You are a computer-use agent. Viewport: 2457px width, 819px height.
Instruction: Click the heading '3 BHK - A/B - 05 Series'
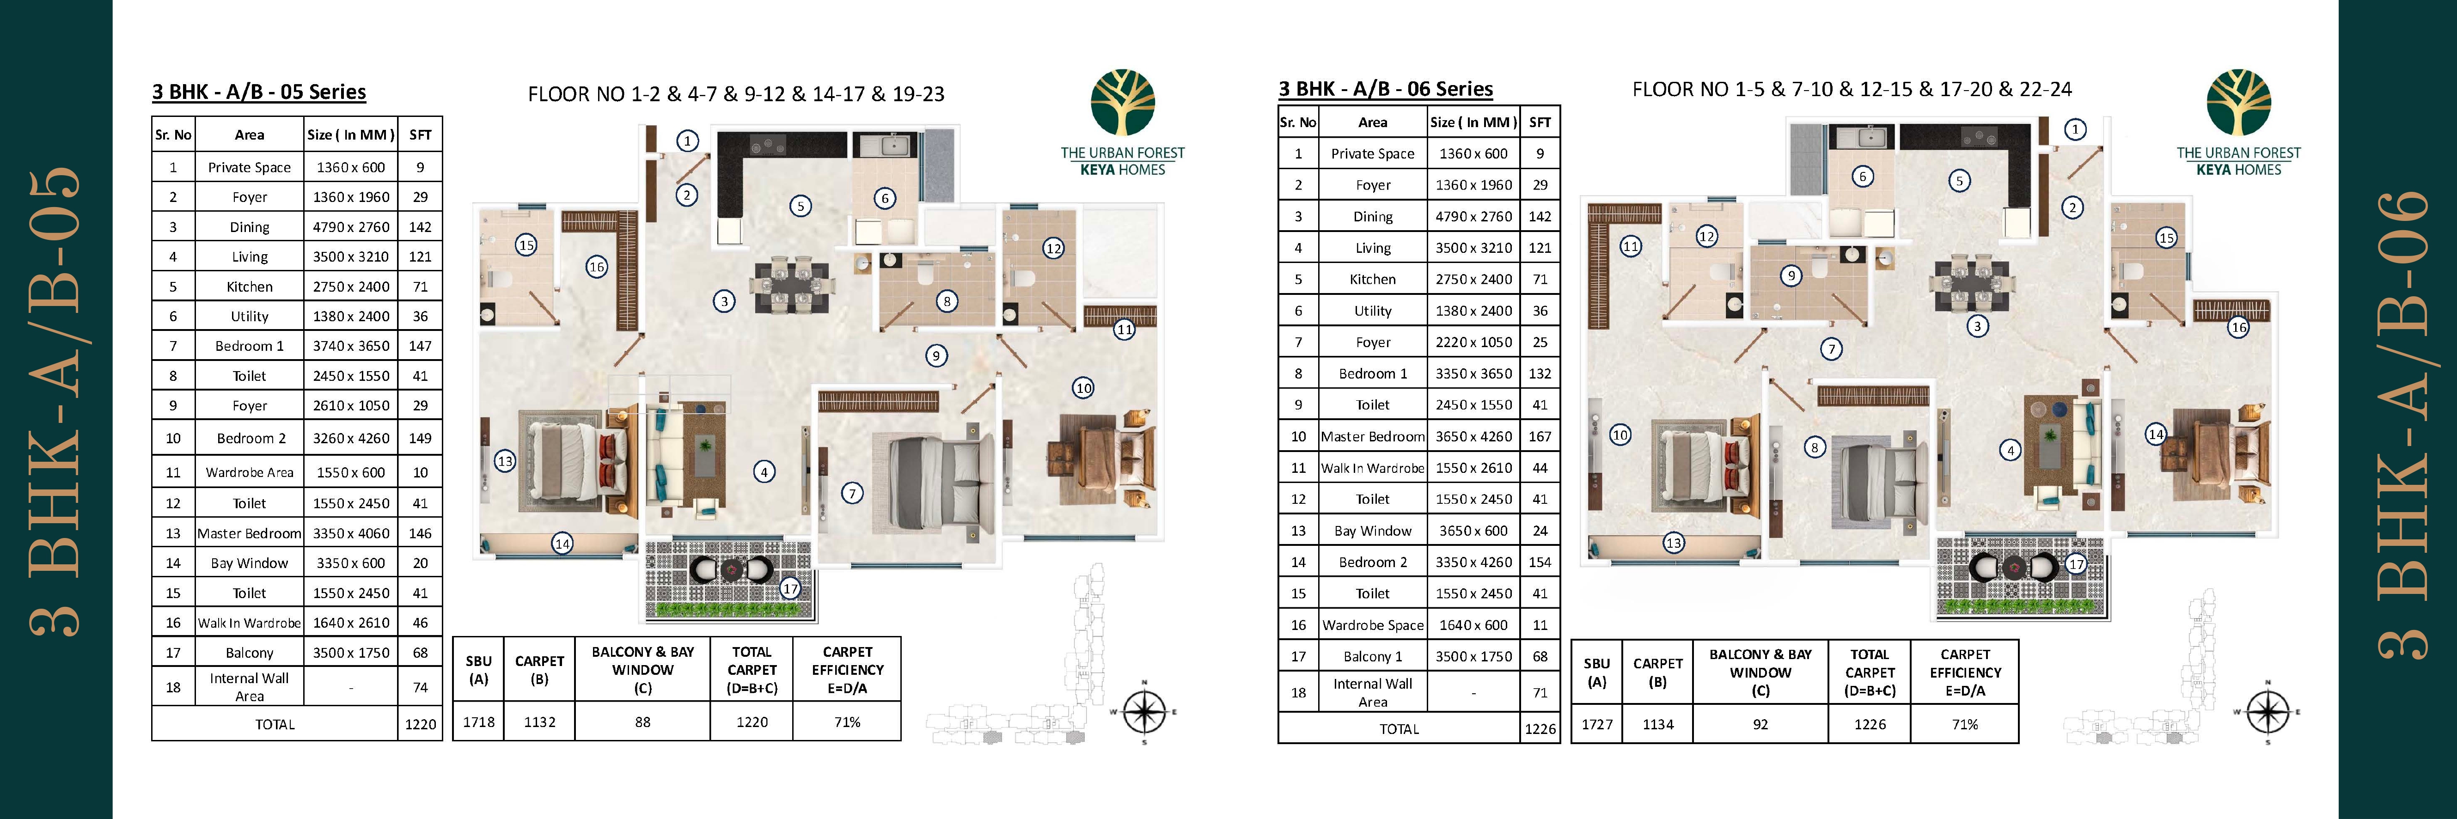[258, 92]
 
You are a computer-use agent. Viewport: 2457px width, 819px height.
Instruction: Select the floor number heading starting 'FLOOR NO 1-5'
[1852, 90]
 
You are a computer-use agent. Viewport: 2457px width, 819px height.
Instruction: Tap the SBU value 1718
[479, 722]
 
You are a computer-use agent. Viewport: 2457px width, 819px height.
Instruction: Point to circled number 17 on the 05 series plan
[790, 588]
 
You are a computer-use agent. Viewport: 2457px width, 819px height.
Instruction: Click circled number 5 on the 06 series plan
[1959, 180]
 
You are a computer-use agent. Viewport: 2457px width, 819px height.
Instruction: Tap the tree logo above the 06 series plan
[2237, 103]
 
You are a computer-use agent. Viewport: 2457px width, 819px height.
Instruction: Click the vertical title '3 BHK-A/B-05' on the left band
[55, 400]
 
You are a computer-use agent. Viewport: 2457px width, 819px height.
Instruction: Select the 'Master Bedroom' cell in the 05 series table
[249, 533]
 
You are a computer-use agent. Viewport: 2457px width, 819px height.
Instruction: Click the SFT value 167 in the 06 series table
[1540, 436]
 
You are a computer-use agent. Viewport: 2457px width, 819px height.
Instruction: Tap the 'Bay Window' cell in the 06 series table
[1373, 530]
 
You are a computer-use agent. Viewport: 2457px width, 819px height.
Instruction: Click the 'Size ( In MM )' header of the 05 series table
[351, 134]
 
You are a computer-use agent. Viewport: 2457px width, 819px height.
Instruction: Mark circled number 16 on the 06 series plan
[2237, 327]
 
